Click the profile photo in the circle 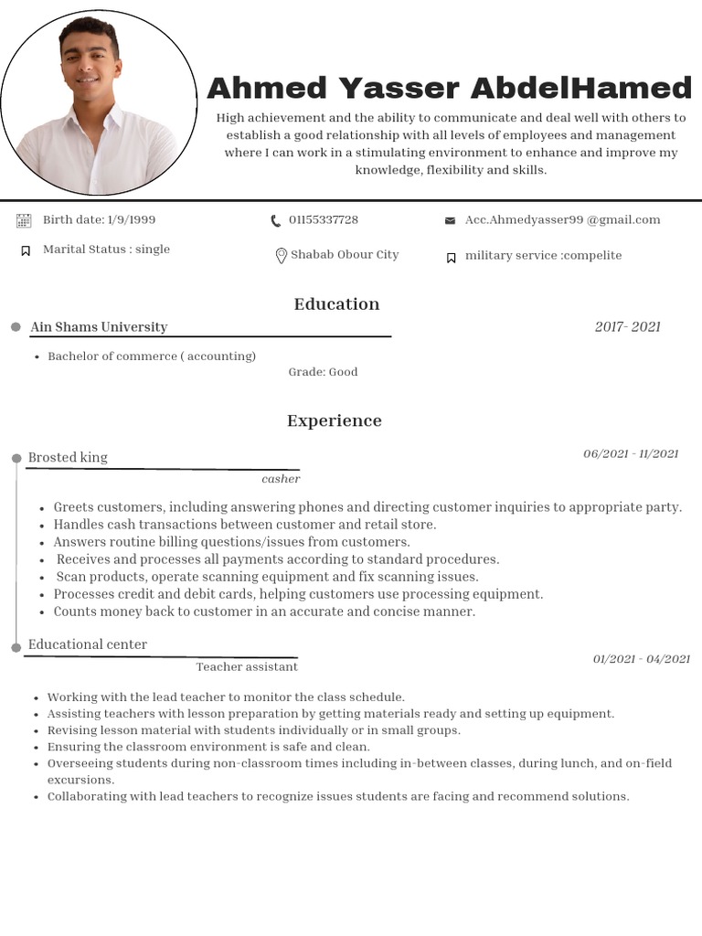coord(98,102)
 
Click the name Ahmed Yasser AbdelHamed coord(449,89)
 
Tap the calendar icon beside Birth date coord(24,220)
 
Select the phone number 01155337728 coord(324,220)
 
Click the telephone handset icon coord(276,220)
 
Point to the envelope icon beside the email coord(450,220)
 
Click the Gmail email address coord(562,220)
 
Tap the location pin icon coord(281,256)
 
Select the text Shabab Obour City coord(345,255)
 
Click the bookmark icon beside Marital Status coord(26,250)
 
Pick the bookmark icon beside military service coord(451,258)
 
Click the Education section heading coord(336,304)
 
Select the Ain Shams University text coord(99,327)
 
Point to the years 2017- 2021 coord(627,327)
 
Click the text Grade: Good coord(323,372)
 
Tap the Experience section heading coord(335,421)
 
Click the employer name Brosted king coord(68,457)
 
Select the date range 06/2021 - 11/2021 coord(631,454)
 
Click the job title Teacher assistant coord(247,667)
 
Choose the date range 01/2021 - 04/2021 coord(641,659)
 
